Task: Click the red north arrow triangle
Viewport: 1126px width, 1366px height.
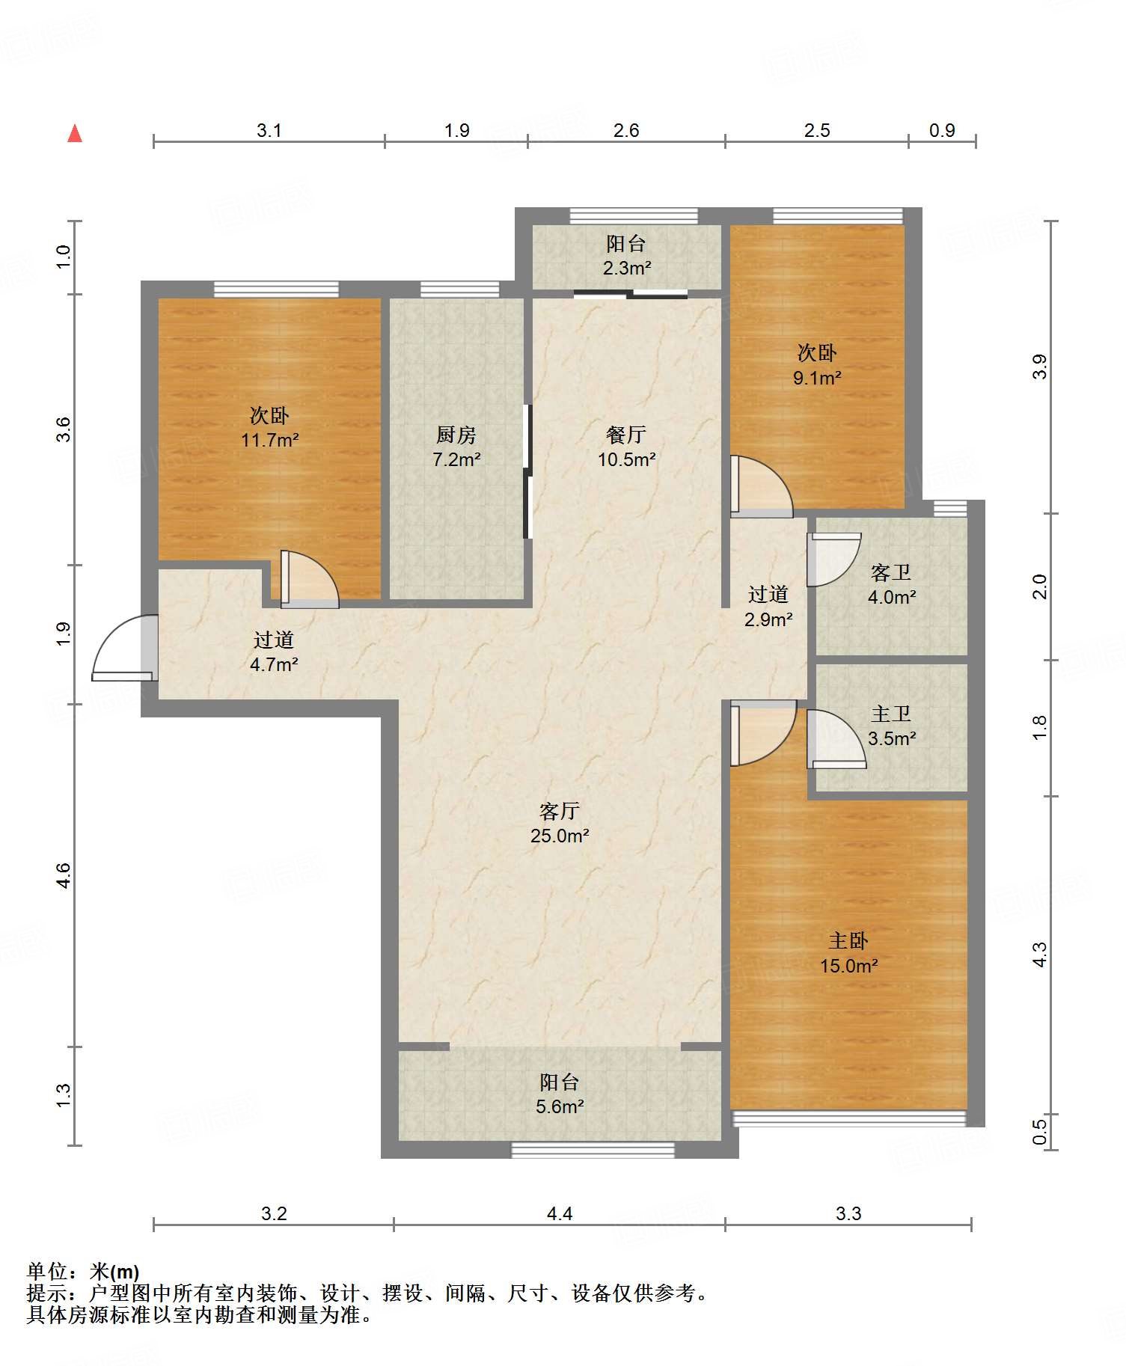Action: coord(75,133)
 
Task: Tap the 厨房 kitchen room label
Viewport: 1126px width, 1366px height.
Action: coord(456,435)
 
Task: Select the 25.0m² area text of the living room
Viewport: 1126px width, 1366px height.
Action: coord(560,836)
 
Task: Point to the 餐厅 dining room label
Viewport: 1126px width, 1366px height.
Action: coord(626,435)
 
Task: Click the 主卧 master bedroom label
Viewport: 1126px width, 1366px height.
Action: coord(848,940)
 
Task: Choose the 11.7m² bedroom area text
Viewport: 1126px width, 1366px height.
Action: coord(270,440)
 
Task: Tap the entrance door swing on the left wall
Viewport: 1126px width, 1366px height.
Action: coord(125,648)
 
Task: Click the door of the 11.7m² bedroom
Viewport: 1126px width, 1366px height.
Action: coord(310,579)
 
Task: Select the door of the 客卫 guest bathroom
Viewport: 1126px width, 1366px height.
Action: coord(834,560)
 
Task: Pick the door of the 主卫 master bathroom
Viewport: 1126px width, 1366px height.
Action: coord(836,738)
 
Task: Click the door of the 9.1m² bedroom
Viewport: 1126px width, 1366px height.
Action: coord(762,486)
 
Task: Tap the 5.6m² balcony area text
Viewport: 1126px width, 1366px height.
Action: coord(560,1106)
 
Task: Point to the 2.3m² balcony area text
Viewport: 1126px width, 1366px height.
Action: coord(627,268)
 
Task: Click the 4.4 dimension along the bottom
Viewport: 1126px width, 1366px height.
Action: coord(560,1213)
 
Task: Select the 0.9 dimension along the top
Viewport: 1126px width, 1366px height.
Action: coord(942,130)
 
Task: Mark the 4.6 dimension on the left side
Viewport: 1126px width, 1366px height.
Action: coord(64,875)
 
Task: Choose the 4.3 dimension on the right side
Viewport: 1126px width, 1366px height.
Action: coord(1040,955)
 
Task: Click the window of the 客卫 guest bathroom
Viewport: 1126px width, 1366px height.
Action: coord(950,508)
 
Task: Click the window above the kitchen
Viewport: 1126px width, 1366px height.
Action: coord(459,290)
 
